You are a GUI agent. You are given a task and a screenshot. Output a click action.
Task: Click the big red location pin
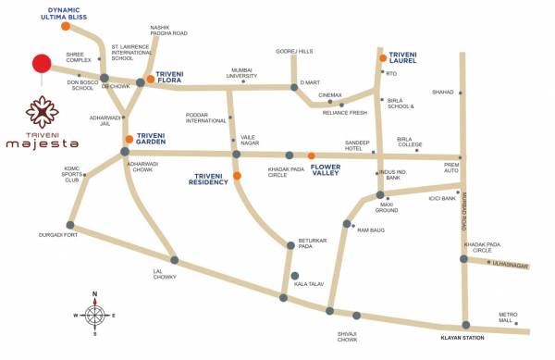(41, 65)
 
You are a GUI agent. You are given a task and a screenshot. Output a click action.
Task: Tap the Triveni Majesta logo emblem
(41, 113)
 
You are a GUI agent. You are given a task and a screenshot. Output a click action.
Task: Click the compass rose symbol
(93, 315)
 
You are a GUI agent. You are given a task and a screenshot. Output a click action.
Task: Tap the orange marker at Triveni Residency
(238, 176)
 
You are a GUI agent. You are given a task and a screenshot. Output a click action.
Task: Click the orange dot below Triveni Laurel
(382, 58)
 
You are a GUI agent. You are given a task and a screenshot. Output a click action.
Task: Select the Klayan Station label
(462, 339)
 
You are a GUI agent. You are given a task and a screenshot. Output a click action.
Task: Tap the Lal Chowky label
(165, 276)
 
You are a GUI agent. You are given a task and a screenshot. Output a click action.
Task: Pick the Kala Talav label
(309, 286)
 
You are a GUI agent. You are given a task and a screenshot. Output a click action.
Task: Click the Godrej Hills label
(296, 51)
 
